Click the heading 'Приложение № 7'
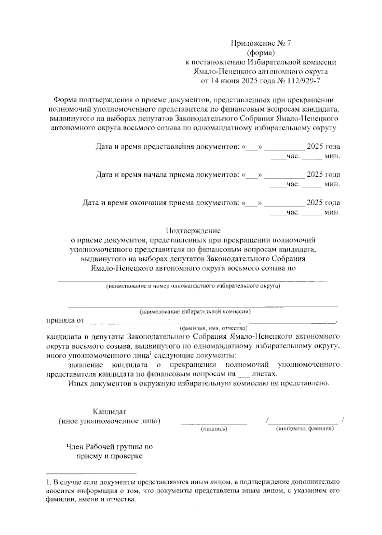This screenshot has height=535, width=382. point(261,44)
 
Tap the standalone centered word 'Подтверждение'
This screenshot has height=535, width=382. point(193,230)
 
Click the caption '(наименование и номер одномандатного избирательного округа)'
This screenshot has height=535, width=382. point(193,286)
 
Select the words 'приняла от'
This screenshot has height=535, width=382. point(65,320)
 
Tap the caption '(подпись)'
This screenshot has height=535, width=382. point(214,429)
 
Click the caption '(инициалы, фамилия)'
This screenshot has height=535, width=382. point(305,429)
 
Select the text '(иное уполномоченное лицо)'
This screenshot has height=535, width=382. point(110,421)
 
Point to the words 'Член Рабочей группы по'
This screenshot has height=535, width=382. point(110,447)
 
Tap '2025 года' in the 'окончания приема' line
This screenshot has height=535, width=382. point(323,203)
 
